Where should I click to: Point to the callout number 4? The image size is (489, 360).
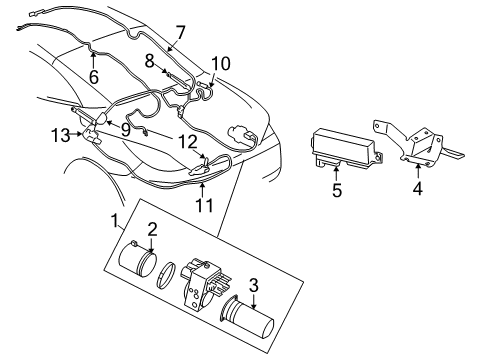point(418,185)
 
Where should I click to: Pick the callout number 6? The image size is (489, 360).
point(93,75)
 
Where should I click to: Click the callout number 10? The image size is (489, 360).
point(220,64)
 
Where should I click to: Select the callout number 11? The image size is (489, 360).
point(204,206)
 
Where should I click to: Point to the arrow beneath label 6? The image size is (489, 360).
point(93,58)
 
